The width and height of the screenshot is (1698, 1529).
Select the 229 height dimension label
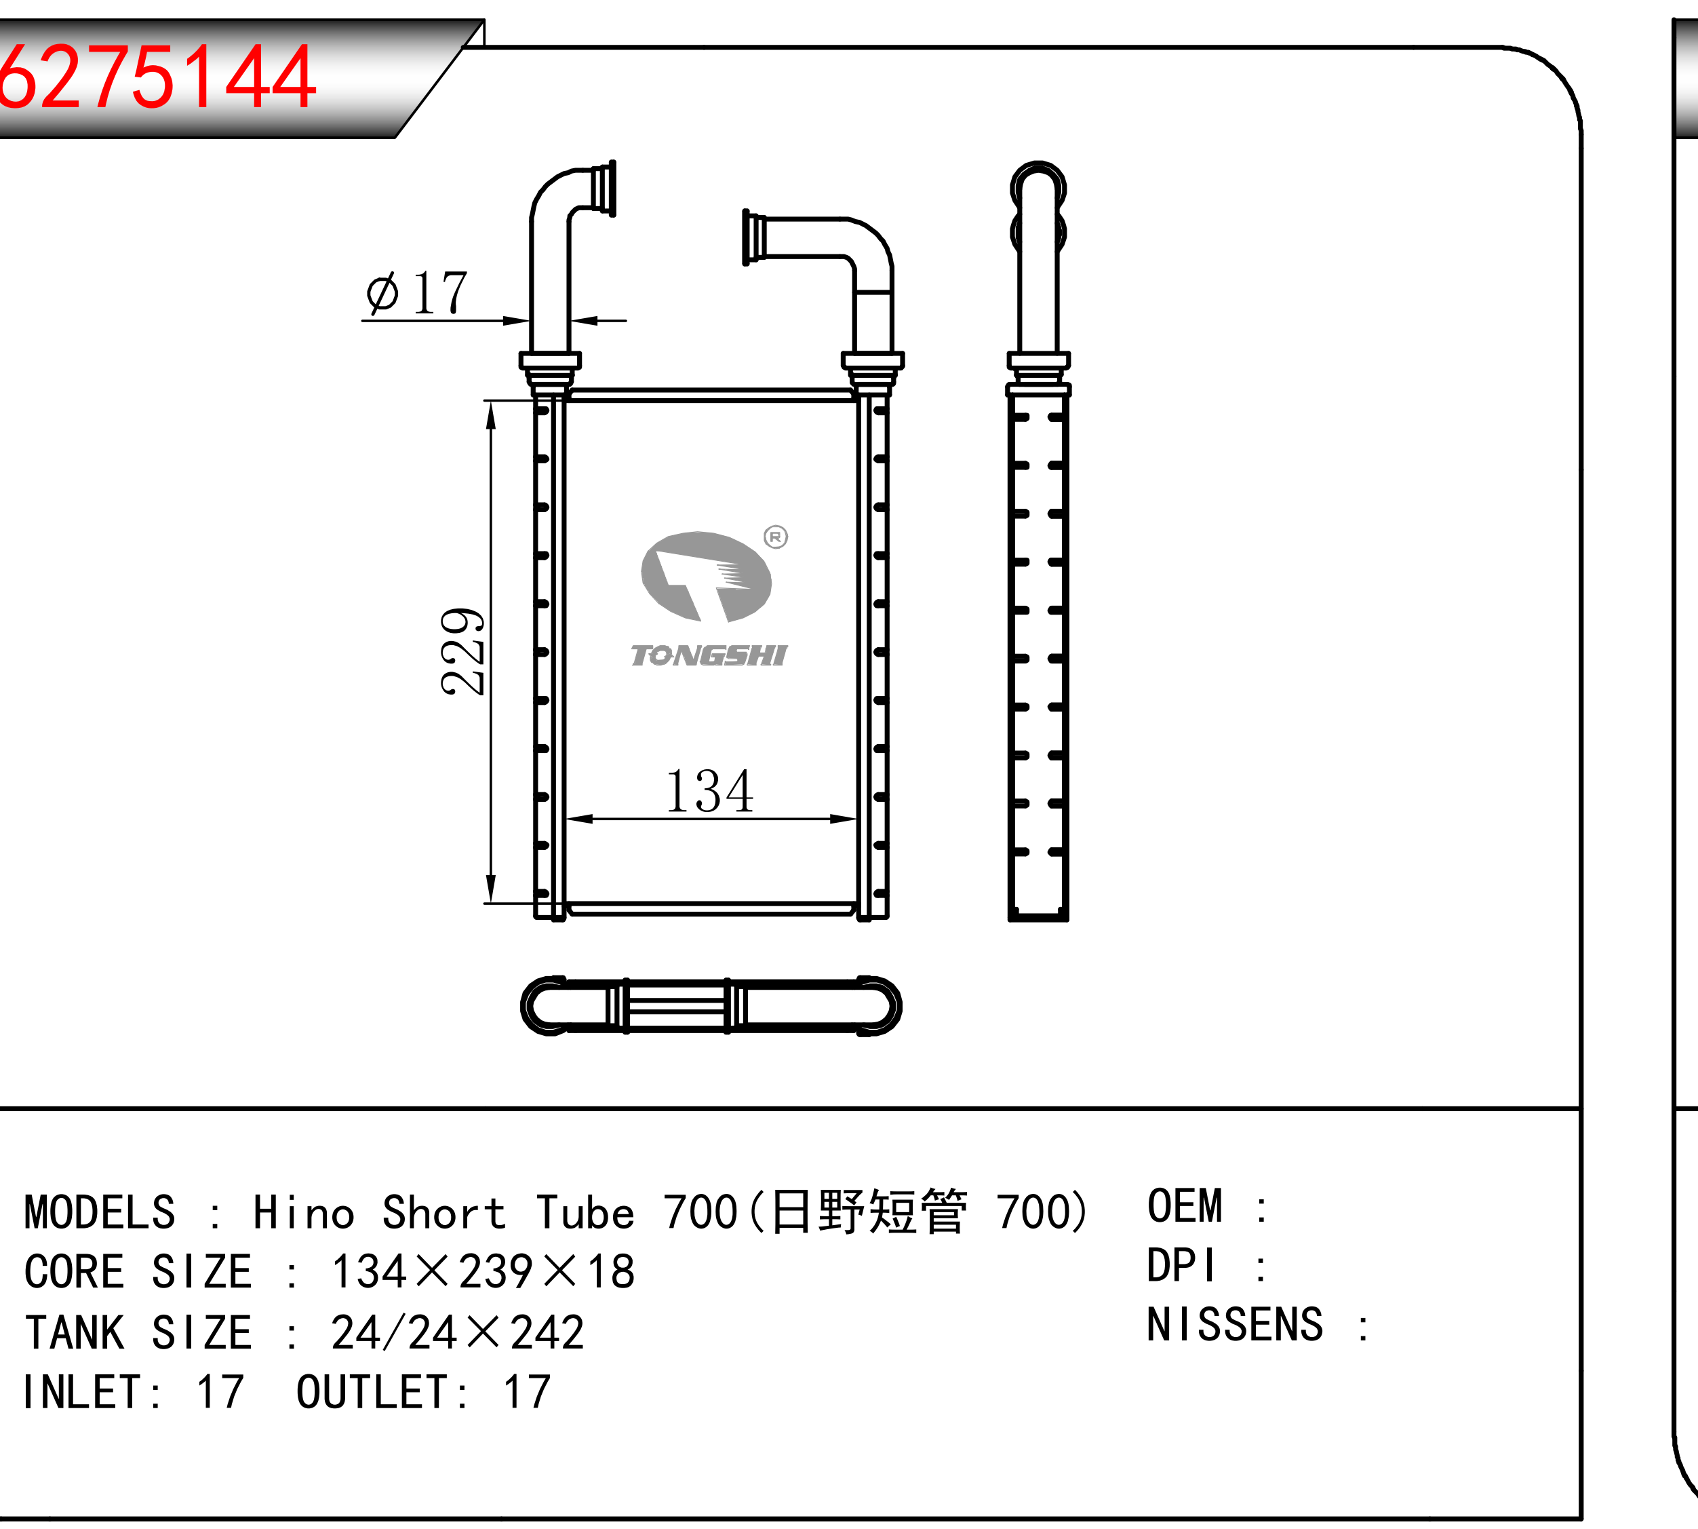[462, 651]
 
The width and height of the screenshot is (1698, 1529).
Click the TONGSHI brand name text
[709, 656]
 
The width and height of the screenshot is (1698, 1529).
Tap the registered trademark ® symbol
[776, 537]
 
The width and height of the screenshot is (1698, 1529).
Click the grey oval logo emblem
[706, 577]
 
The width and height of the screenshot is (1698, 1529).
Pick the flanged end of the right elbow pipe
[754, 237]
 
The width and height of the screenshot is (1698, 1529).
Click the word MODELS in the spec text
[99, 1213]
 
